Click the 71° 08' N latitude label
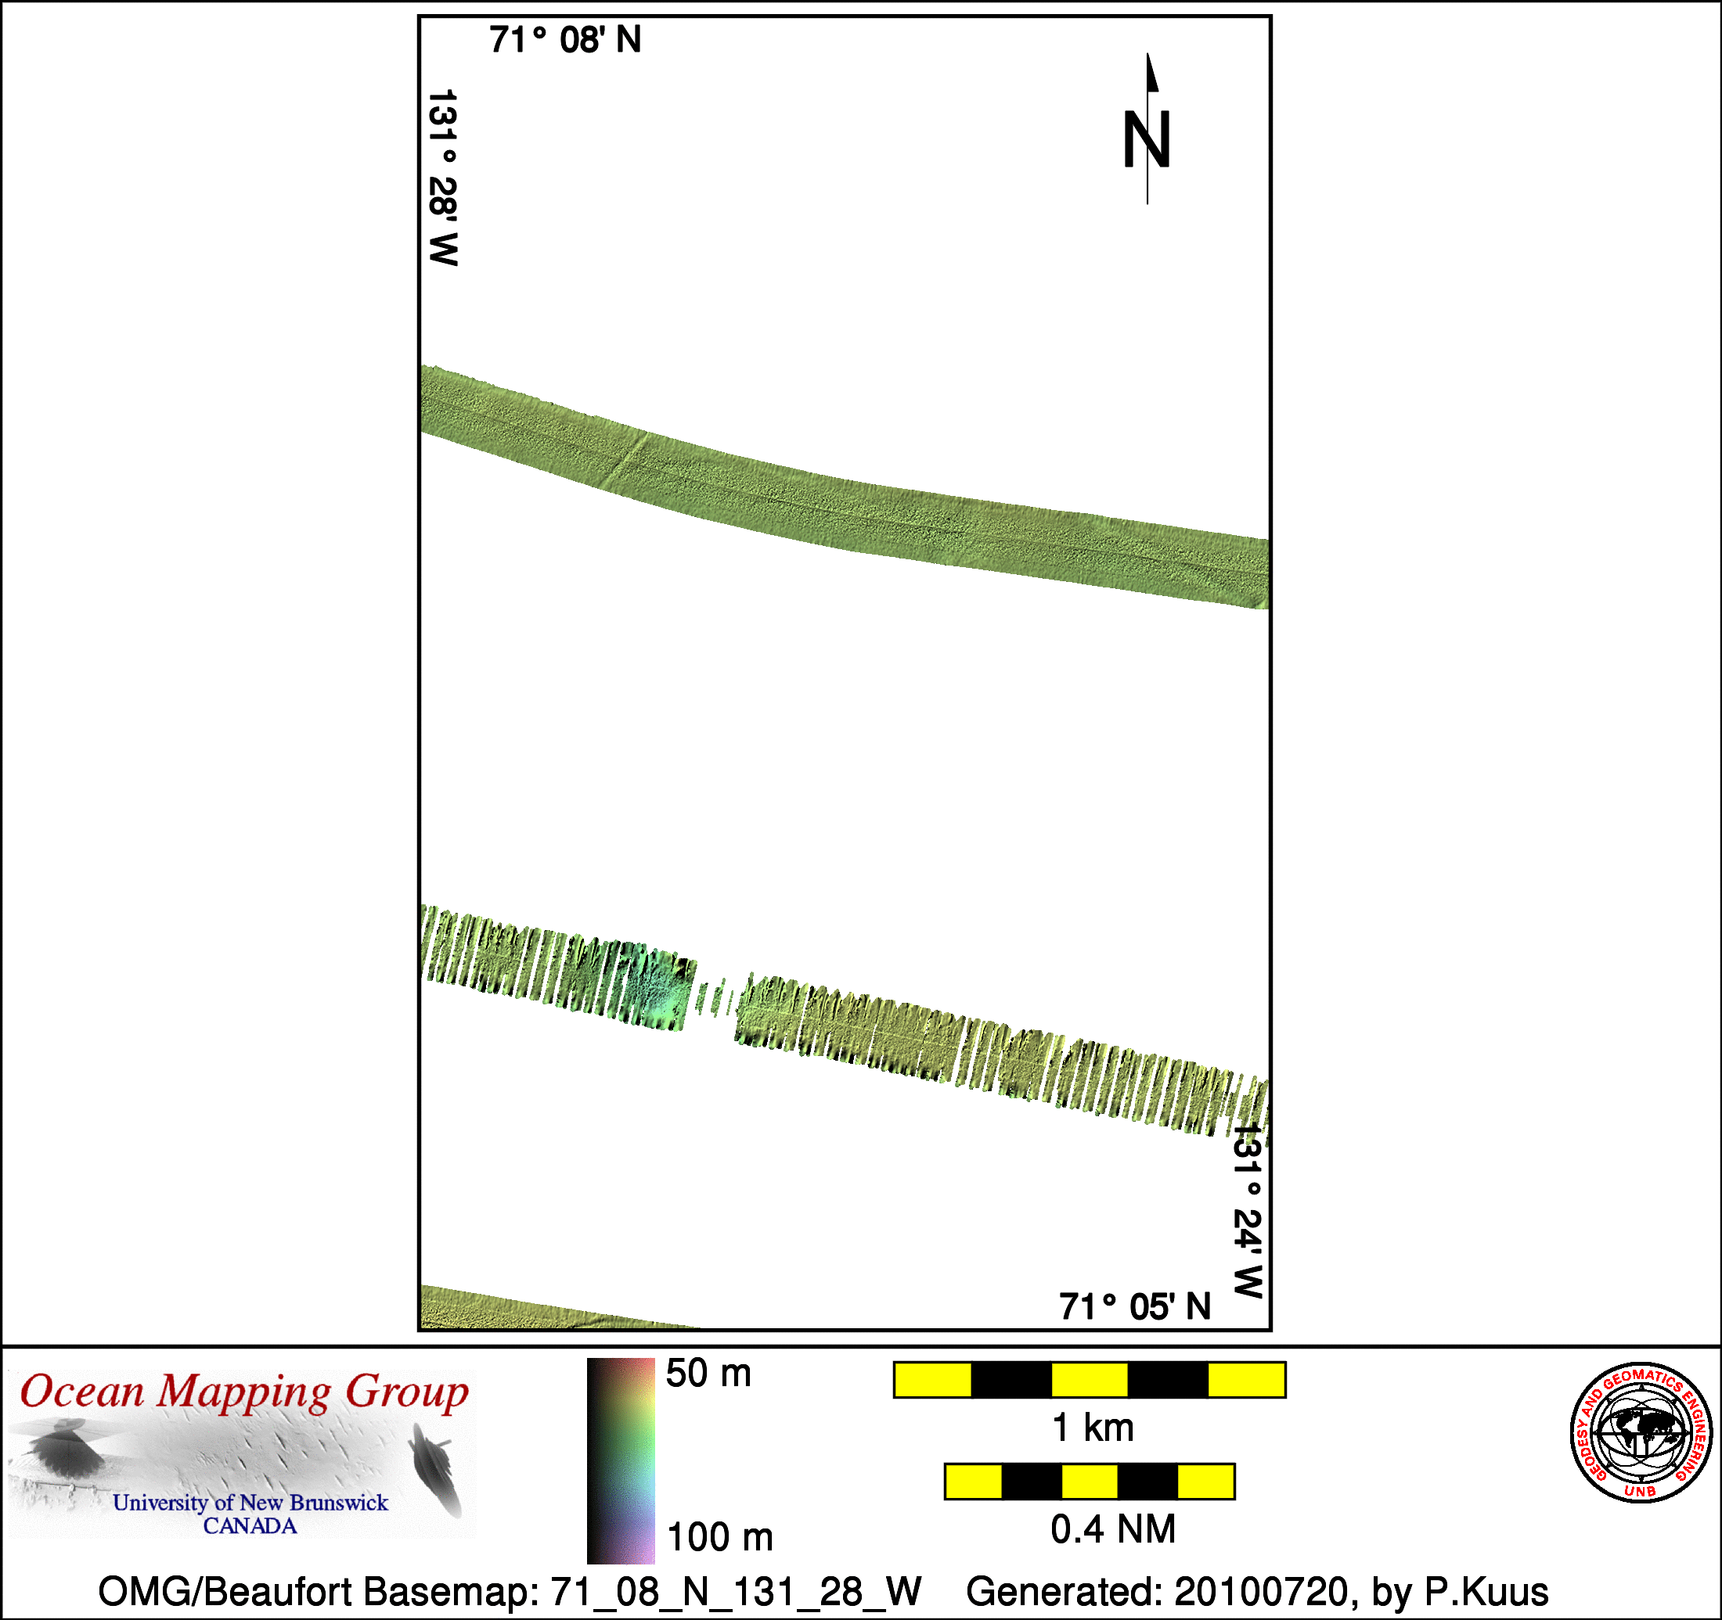[565, 40]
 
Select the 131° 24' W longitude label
[1248, 1210]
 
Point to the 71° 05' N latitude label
[1135, 1306]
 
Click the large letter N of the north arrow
[1147, 139]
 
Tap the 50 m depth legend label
[708, 1374]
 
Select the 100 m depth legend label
[720, 1538]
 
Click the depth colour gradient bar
[621, 1461]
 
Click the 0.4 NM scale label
[1113, 1530]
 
